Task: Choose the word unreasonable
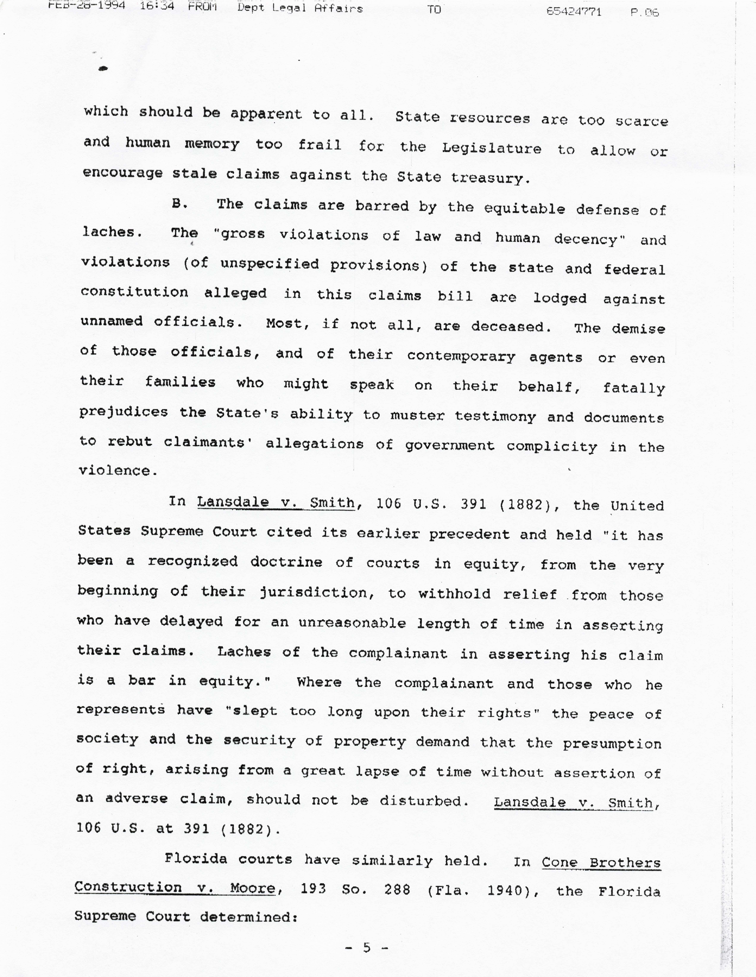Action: pos(352,623)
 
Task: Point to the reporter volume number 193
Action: pos(313,889)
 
